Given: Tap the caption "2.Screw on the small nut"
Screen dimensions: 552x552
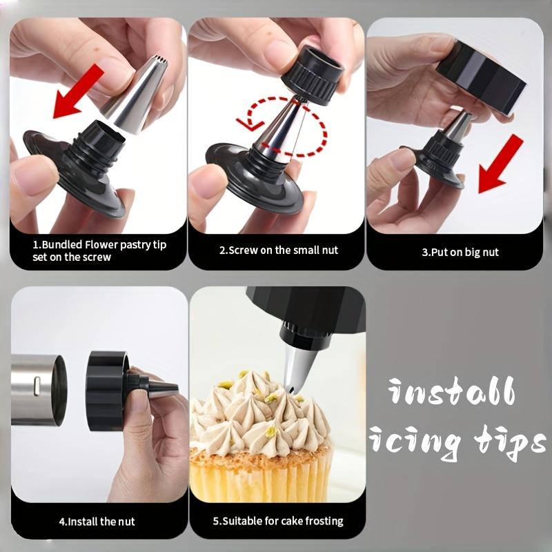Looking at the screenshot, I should click(279, 250).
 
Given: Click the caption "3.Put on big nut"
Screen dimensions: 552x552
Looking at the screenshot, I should click(460, 252).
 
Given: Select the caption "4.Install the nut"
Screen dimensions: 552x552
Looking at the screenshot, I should click(87, 521).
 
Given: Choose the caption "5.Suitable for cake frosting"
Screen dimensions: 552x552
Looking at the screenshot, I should click(277, 521).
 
